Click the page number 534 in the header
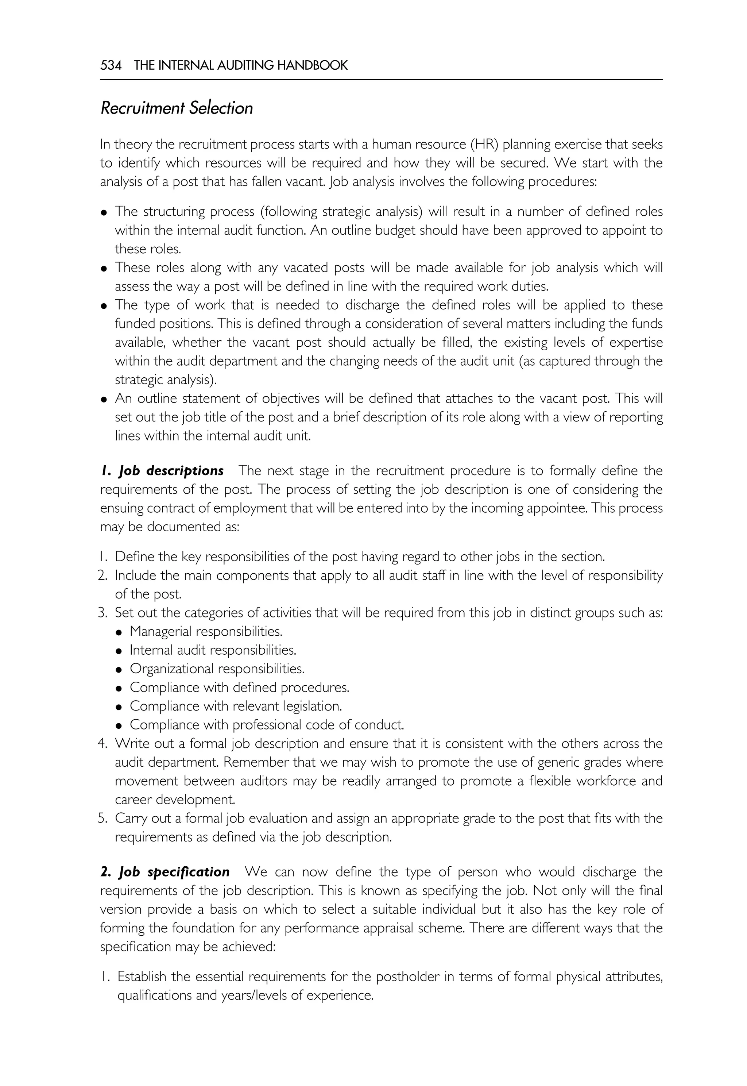[x=111, y=65]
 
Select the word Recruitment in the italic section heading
[x=143, y=108]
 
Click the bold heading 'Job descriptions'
[x=170, y=471]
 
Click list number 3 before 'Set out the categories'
[x=102, y=613]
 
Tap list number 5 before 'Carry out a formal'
[x=102, y=818]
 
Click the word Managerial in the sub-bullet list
[x=160, y=631]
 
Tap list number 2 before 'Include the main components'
[x=102, y=575]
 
